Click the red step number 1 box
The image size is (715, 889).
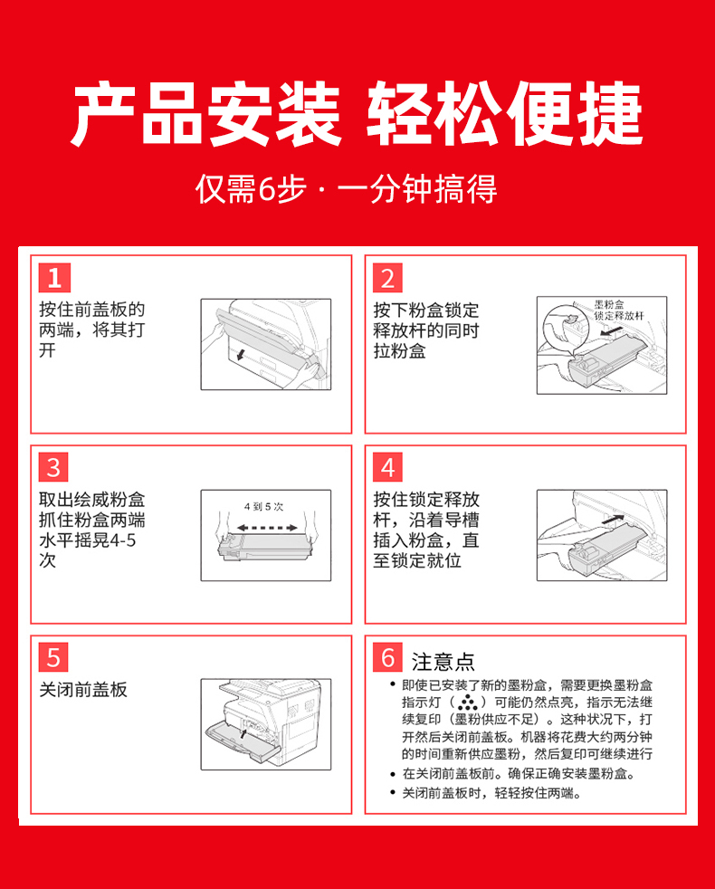54,277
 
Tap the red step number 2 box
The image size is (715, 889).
388,277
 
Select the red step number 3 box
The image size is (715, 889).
53,467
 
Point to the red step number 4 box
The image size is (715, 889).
388,467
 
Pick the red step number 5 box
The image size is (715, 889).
53,657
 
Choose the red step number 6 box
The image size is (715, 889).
388,657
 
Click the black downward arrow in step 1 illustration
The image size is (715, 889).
241,354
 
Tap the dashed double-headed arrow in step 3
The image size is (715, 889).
266,528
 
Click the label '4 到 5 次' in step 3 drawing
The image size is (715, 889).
263,506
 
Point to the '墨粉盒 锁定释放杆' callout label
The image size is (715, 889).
618,311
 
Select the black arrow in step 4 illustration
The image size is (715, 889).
613,518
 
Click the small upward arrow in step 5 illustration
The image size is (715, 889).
243,733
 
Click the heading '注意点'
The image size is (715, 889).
443,662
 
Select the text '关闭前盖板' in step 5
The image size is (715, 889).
83,690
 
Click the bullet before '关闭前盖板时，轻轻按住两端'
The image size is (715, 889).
393,793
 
